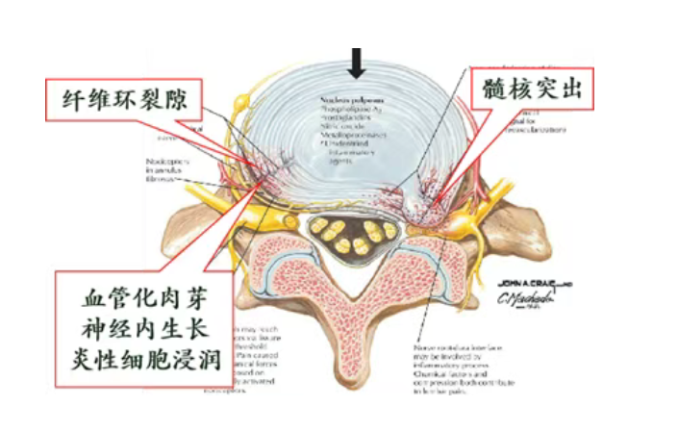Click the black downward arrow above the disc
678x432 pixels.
click(358, 64)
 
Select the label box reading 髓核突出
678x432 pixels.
click(532, 92)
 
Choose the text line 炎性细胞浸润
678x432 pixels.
click(145, 362)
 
